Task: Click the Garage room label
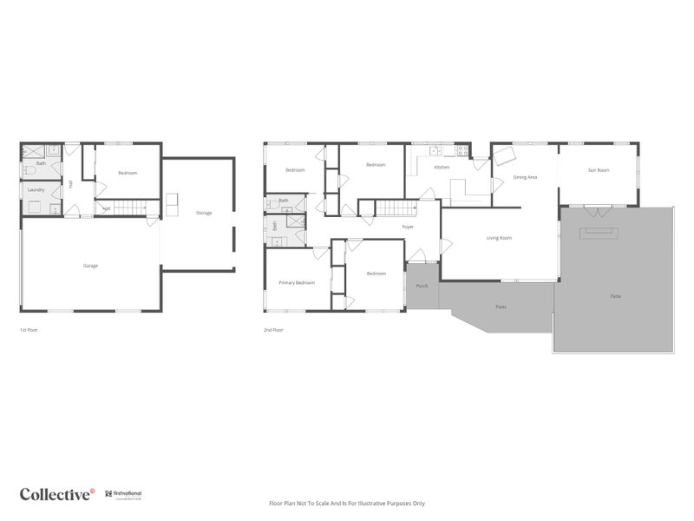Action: tap(90, 265)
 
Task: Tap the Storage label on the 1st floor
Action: tap(204, 213)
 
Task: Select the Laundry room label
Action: tap(36, 189)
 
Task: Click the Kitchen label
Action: tap(442, 167)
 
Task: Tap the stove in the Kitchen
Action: tap(462, 150)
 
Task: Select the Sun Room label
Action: tap(599, 170)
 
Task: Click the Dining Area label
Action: tap(525, 177)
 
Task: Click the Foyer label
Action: tap(408, 227)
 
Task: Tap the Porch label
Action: tap(422, 286)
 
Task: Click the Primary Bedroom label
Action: tap(297, 282)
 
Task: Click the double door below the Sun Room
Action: tap(594, 210)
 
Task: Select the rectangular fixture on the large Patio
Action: tap(599, 232)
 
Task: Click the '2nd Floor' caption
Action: tap(273, 330)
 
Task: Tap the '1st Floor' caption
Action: tap(29, 330)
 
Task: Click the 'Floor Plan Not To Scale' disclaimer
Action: tap(347, 503)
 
